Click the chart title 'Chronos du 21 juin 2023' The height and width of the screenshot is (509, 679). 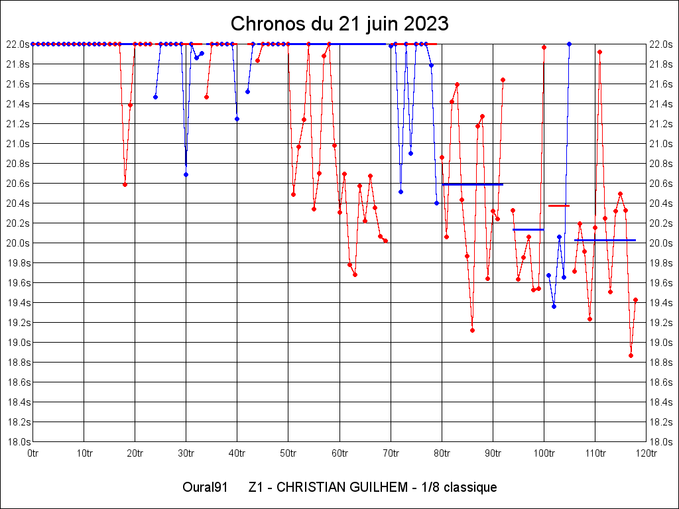pos(339,24)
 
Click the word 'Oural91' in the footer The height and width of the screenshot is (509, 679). pos(206,488)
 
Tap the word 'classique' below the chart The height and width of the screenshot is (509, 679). pos(470,488)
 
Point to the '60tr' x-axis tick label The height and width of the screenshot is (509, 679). pos(339,453)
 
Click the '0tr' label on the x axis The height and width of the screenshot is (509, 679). pos(32,453)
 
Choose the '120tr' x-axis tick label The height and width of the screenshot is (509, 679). pos(646,453)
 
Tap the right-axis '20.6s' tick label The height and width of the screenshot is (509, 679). pos(661,184)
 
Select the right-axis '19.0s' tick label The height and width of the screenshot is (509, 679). pos(661,343)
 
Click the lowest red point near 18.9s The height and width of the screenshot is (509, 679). pos(631,355)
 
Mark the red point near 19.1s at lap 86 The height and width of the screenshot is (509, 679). pos(472,330)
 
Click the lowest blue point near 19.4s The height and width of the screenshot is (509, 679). pos(554,306)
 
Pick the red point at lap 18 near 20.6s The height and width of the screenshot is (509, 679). pos(125,184)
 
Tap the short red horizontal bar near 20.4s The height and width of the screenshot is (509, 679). pos(559,205)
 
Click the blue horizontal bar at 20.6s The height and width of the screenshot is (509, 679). pos(472,184)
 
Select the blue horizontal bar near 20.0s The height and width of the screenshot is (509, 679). pos(605,240)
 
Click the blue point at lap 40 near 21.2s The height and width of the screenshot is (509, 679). pos(237,119)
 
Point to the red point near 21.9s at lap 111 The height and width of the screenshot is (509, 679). pos(599,52)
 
